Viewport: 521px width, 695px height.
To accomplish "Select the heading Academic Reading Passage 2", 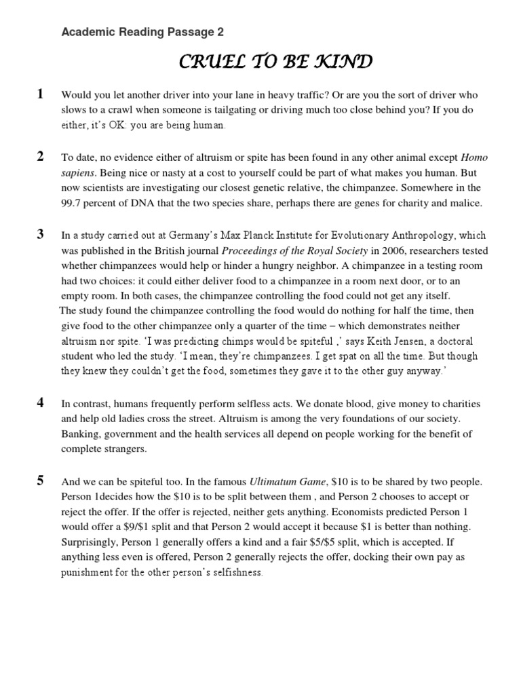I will pyautogui.click(x=142, y=32).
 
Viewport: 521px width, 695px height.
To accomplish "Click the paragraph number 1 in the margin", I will pyautogui.click(x=40, y=94).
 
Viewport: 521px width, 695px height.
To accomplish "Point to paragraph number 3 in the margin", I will pyautogui.click(x=40, y=235).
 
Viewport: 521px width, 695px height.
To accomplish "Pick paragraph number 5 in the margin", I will pyautogui.click(x=40, y=481).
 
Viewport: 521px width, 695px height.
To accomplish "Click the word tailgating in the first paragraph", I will pyautogui.click(x=242, y=110).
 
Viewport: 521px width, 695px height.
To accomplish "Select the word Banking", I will pyautogui.click(x=80, y=434).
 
